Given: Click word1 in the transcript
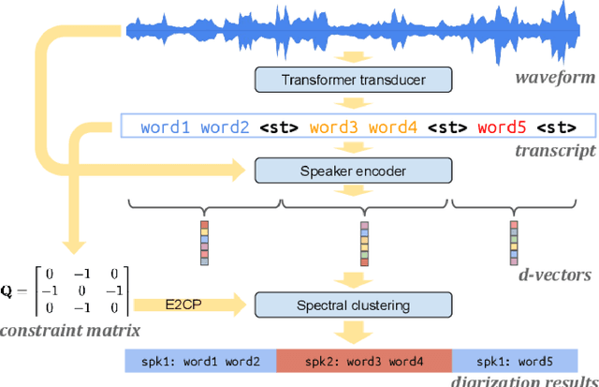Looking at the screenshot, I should point(167,126).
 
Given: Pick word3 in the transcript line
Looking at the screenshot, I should point(334,126).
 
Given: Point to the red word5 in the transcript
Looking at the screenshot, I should point(502,126).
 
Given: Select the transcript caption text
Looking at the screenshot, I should point(559,150).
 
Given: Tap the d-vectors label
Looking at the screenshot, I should point(556,275).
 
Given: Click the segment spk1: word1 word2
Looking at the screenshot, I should point(200,360).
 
